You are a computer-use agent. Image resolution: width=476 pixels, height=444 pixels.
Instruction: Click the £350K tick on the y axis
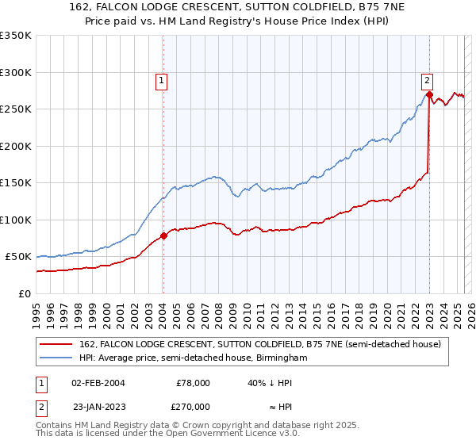click(x=15, y=36)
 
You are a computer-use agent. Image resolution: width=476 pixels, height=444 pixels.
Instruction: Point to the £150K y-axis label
click(x=15, y=183)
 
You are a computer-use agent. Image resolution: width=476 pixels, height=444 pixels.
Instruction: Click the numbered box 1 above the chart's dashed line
click(x=161, y=79)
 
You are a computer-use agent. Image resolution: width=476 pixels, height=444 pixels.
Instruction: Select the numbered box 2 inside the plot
click(x=427, y=79)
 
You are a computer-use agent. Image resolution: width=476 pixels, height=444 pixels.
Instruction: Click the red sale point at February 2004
click(x=163, y=235)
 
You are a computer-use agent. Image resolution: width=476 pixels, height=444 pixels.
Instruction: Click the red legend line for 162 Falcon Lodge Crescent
click(x=57, y=344)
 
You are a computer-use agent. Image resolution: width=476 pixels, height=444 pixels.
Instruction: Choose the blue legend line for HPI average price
click(x=57, y=358)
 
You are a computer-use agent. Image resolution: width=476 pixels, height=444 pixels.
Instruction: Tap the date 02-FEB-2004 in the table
click(x=98, y=382)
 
